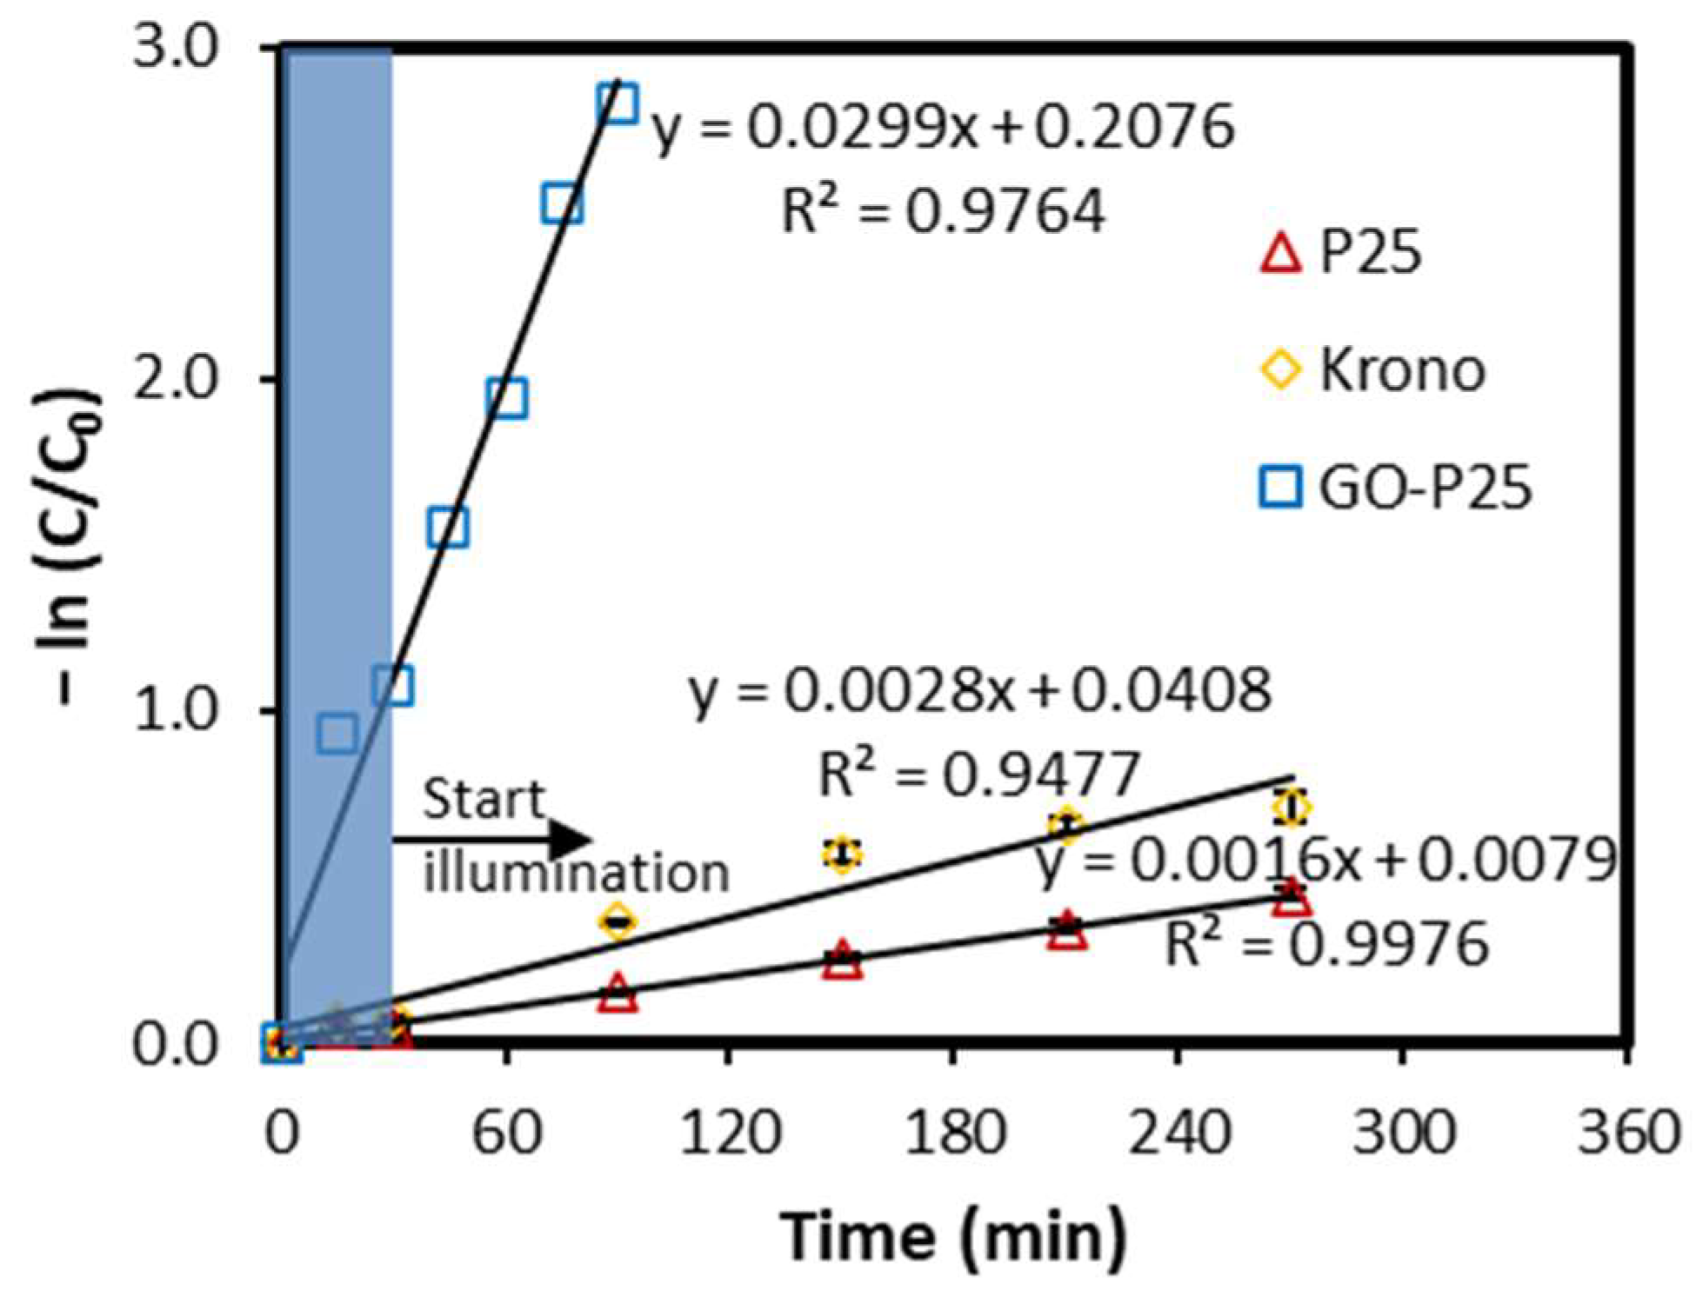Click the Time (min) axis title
[952, 1235]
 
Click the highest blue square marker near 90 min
[617, 103]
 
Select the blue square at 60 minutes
[507, 399]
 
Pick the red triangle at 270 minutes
[1292, 898]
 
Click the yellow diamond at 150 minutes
[841, 854]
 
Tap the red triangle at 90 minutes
[617, 993]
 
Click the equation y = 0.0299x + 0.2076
[943, 128]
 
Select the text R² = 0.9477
[978, 774]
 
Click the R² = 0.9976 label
[1325, 944]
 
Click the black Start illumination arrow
[492, 840]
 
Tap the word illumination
[576, 873]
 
